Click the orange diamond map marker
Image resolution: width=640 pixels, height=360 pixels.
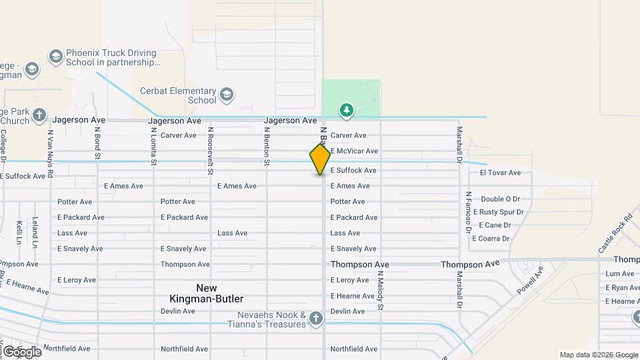320,159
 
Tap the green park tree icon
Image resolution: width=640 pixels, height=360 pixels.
346,110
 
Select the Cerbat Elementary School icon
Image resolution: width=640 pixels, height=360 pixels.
227,94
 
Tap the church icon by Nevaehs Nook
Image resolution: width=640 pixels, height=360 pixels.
316,321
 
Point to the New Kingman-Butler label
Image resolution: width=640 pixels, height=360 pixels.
201,293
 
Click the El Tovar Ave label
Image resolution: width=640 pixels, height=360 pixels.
500,173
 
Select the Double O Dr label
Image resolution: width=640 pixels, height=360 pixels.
500,199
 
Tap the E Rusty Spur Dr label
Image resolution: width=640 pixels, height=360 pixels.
501,212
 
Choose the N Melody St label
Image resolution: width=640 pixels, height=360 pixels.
381,290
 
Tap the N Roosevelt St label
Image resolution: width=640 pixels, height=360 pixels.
210,151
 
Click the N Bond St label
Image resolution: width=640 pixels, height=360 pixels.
97,144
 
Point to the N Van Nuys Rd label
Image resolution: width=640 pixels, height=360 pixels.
50,152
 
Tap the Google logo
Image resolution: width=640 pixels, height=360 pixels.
21,351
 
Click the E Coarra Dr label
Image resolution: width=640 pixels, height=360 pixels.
491,238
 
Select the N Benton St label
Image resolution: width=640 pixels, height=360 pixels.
266,147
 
